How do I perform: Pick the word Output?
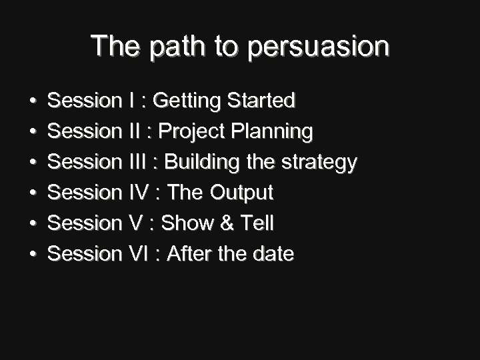click(x=241, y=193)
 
